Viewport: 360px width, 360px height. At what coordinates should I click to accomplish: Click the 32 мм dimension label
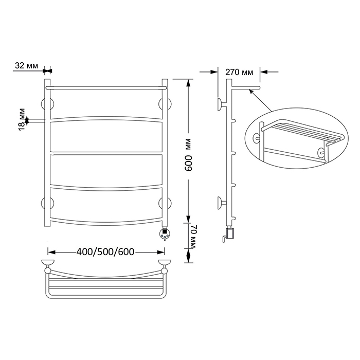26,66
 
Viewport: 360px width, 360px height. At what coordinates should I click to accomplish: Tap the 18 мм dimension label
22,119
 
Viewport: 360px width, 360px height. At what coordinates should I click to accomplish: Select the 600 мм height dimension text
189,155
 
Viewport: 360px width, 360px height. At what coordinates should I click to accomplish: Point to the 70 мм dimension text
191,237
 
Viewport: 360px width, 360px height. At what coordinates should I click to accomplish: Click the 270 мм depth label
239,72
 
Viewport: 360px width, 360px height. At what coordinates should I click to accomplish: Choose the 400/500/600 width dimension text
105,252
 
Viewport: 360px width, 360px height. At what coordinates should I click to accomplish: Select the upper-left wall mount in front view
47,104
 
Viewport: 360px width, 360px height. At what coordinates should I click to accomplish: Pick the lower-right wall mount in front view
165,203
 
